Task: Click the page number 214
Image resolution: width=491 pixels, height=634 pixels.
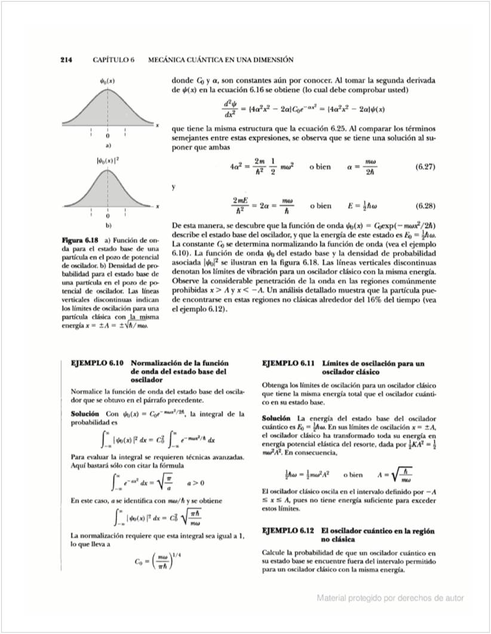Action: pyautogui.click(x=66, y=60)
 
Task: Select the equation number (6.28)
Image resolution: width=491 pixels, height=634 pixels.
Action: pyautogui.click(x=424, y=206)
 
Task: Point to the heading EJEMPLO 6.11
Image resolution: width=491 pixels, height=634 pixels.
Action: pyautogui.click(x=289, y=362)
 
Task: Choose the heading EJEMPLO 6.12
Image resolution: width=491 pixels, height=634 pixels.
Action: pyautogui.click(x=289, y=531)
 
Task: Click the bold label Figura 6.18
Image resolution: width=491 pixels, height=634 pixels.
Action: pyautogui.click(x=80, y=241)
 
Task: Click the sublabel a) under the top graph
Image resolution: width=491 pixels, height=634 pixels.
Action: pyautogui.click(x=108, y=145)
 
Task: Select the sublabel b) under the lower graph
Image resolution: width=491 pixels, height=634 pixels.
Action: pyautogui.click(x=108, y=226)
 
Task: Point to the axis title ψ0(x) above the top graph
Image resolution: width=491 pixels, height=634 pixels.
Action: pyautogui.click(x=108, y=80)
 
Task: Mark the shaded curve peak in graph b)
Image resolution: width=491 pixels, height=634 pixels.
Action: pyautogui.click(x=108, y=172)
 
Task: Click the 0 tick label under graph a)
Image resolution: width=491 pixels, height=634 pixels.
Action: pyautogui.click(x=108, y=136)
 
